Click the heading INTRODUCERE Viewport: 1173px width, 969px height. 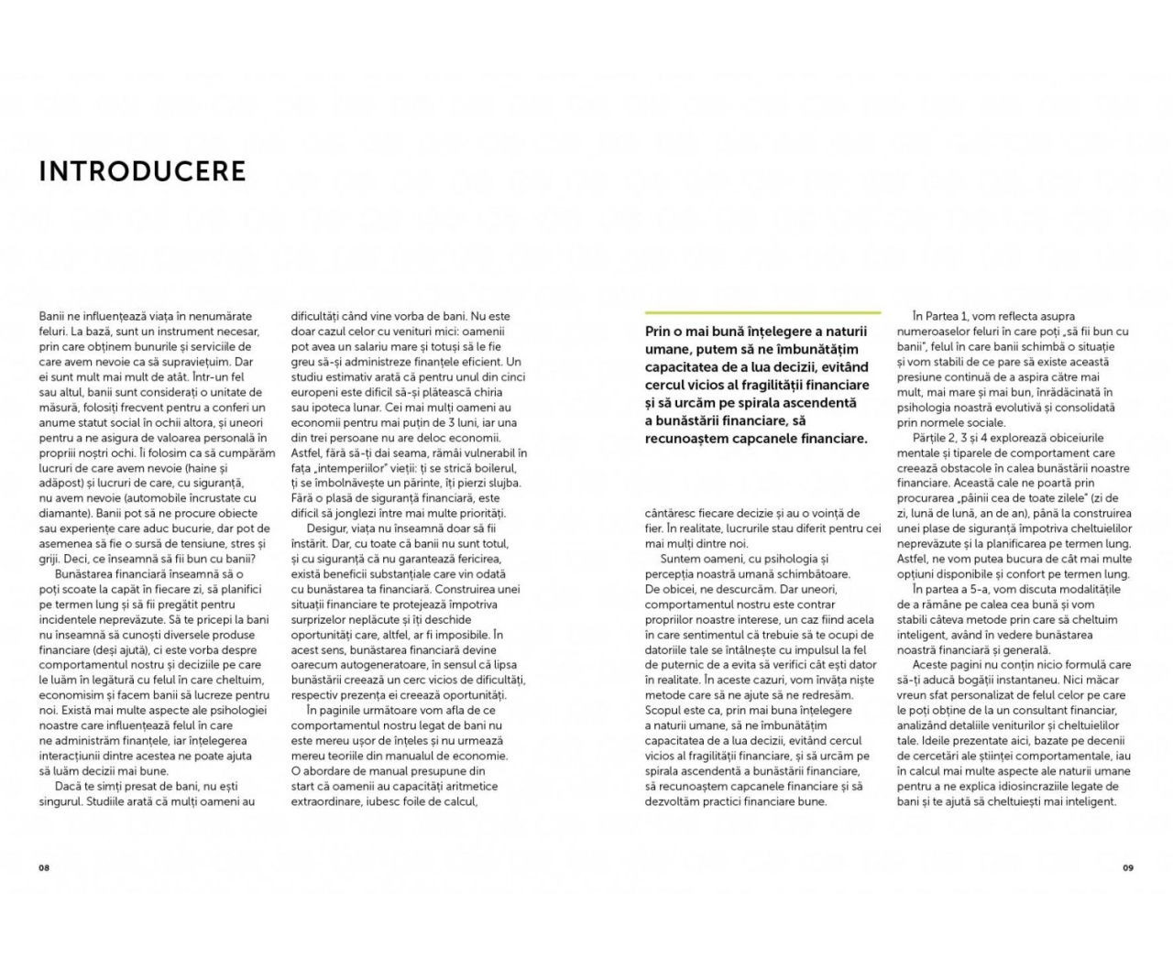point(142,171)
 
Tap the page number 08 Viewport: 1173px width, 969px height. point(43,867)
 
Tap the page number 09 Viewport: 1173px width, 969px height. point(1128,867)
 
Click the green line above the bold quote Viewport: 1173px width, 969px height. point(762,312)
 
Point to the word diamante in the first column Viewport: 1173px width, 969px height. point(63,513)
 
